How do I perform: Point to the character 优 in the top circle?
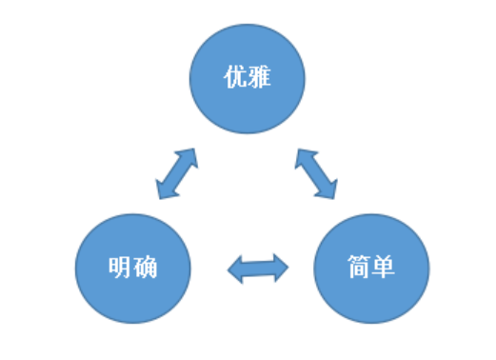(x=234, y=77)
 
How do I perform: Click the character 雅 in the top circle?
(x=260, y=77)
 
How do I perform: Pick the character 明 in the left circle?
(x=119, y=267)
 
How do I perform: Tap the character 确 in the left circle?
(x=145, y=267)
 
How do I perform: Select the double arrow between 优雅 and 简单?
(x=317, y=173)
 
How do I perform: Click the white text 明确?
(x=132, y=267)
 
